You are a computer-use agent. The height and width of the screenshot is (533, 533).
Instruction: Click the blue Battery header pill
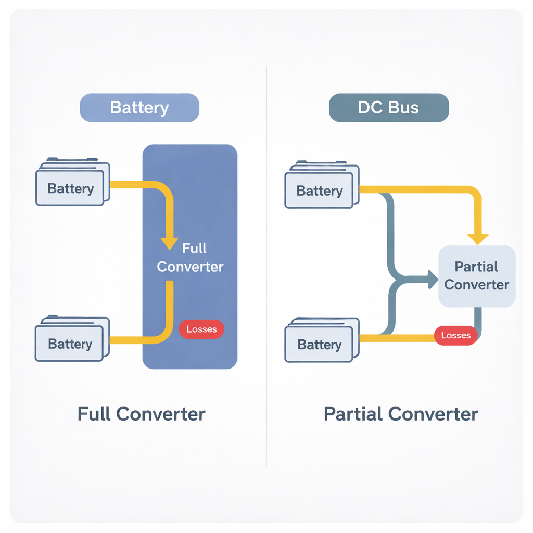coord(139,108)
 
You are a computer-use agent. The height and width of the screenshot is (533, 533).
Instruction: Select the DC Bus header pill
coord(388,108)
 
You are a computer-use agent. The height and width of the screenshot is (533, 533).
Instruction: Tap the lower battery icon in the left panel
coord(71,339)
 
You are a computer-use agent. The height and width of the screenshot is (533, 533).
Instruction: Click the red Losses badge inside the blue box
coord(201,329)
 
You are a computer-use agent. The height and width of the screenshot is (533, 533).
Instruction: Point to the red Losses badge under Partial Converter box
coord(455,335)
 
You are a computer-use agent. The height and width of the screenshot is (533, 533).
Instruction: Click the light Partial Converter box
coord(477,276)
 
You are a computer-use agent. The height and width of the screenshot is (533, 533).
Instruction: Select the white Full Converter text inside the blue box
coord(191,258)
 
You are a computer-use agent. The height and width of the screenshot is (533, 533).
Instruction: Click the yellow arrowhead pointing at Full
coord(169,243)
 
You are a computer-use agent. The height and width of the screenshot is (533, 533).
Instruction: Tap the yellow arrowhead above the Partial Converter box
coord(478,239)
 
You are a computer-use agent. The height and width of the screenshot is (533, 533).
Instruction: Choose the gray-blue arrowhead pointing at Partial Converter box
coord(433,280)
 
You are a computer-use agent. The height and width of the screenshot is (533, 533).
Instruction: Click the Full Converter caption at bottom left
coord(141,414)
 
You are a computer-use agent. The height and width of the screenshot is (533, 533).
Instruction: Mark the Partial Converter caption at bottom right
coord(401,414)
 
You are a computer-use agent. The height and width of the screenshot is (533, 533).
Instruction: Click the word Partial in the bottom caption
coord(353,414)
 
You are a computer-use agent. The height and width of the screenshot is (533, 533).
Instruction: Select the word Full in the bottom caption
coord(94,414)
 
